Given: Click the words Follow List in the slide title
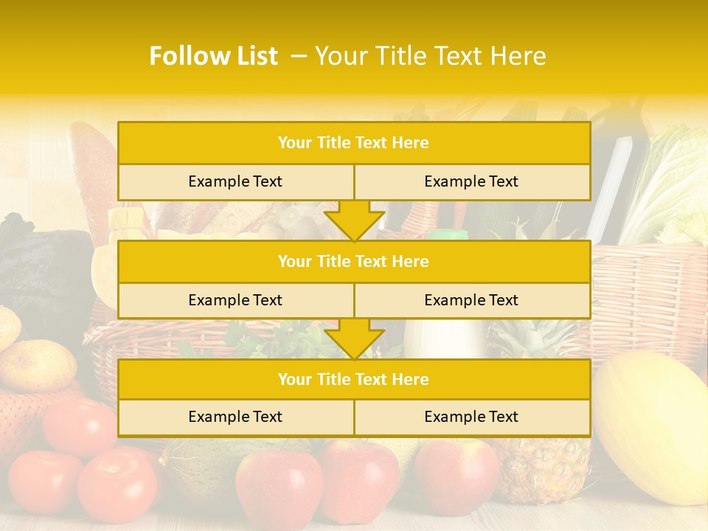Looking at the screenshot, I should click(x=214, y=56).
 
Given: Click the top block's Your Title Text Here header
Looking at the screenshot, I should click(x=353, y=143).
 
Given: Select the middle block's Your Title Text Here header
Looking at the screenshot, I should click(x=353, y=261).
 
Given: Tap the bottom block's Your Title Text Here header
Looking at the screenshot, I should click(x=353, y=379).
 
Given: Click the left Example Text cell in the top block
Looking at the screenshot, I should click(x=235, y=181).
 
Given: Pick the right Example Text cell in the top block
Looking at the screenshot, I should click(x=471, y=181).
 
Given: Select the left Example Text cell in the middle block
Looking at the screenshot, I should click(x=235, y=300).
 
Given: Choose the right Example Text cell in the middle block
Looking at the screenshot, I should click(x=471, y=300).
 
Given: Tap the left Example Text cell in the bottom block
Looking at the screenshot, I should click(x=235, y=417).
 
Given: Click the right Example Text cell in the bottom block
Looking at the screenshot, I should click(x=471, y=417).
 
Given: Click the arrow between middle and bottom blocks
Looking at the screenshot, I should click(x=354, y=339).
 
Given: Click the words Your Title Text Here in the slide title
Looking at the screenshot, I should click(x=431, y=56).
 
